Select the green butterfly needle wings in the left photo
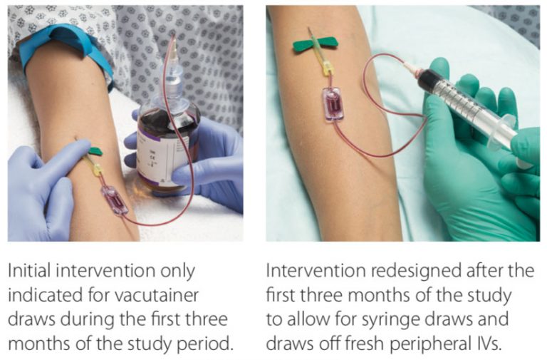pyautogui.click(x=95, y=151)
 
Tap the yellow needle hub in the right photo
pyautogui.click(x=327, y=68)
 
